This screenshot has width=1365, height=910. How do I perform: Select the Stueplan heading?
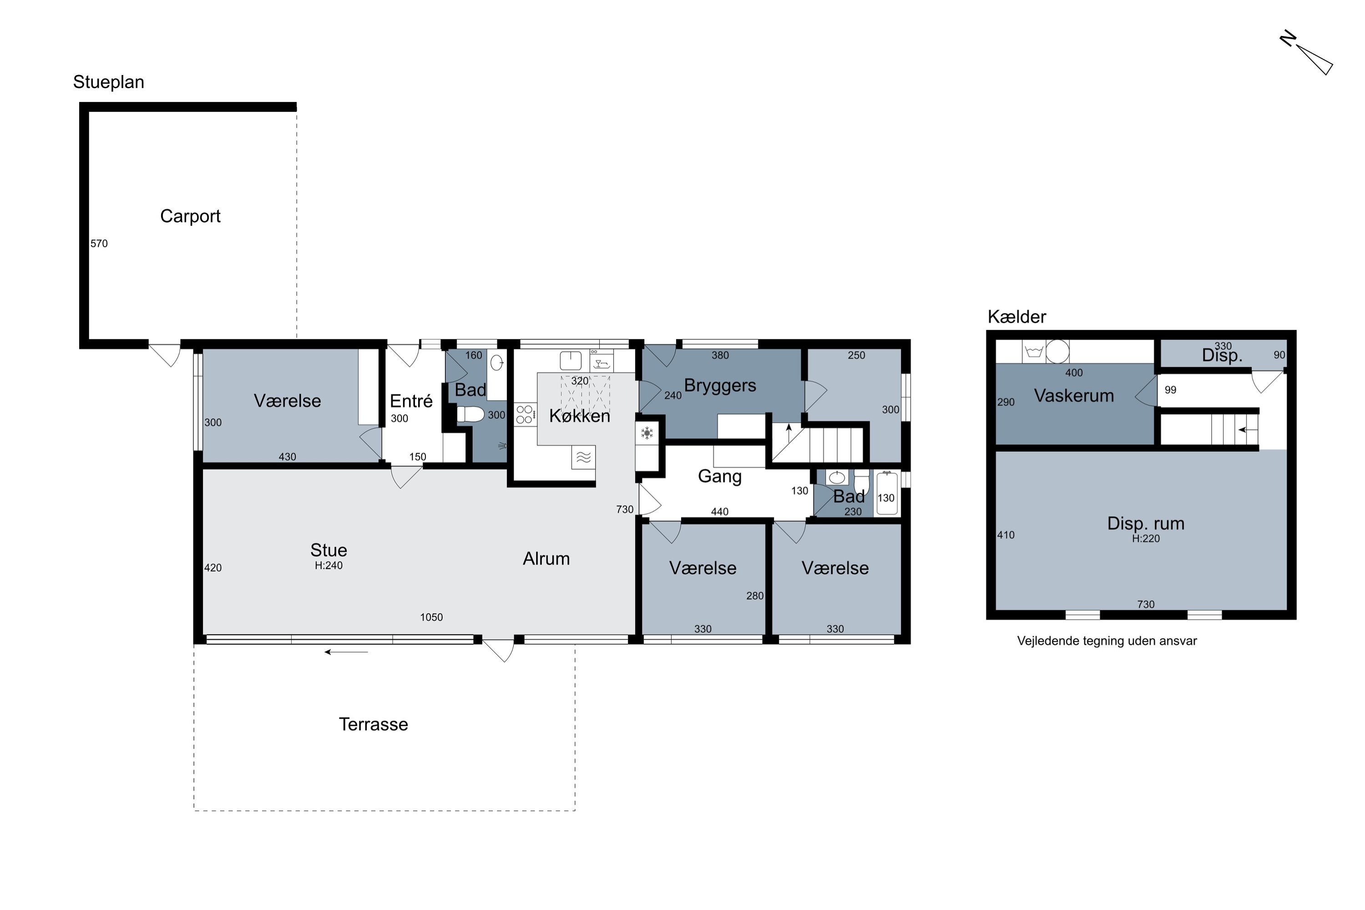(x=109, y=82)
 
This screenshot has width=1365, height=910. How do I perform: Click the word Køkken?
(x=579, y=415)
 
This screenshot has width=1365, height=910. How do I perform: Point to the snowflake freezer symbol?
(x=647, y=433)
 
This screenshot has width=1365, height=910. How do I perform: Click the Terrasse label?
(x=373, y=724)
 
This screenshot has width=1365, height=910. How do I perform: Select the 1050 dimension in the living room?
(x=431, y=617)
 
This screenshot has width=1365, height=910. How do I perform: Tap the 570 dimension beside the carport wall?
(x=99, y=244)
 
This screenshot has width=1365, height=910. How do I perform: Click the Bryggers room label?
(x=720, y=386)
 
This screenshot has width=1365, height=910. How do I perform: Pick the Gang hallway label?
(x=720, y=476)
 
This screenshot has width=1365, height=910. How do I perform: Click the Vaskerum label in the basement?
(x=1074, y=396)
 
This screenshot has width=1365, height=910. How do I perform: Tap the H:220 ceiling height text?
(x=1146, y=539)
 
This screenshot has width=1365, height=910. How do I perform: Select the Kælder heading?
(x=1017, y=317)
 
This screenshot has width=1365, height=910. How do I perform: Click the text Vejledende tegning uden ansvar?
(x=1107, y=641)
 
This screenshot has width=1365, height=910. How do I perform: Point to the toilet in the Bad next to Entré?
(x=470, y=415)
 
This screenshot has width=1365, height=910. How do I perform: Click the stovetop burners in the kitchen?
(x=525, y=415)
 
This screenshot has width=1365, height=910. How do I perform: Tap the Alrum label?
(x=546, y=559)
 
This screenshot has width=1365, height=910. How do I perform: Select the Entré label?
(x=411, y=401)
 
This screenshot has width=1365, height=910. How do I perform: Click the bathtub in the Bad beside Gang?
(x=887, y=494)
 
